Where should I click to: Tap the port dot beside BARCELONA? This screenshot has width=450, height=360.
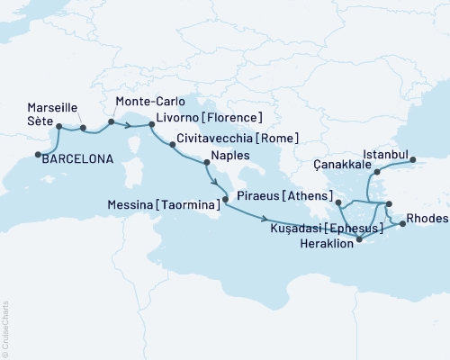click(39, 156)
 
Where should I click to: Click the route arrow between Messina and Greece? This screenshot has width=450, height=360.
click(265, 219)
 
